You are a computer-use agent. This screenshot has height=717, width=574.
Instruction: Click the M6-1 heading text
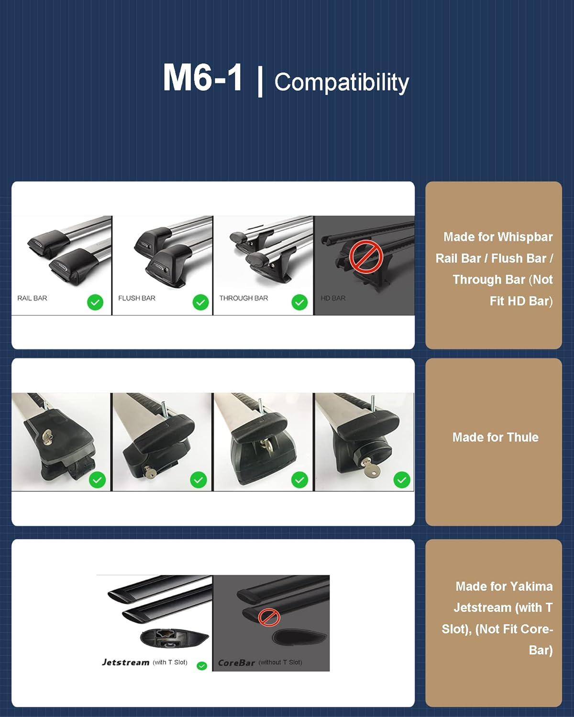coord(202,77)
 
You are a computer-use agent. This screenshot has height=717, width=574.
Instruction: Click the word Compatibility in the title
coord(342,82)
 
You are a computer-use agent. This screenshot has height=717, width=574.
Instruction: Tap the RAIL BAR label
coord(32,298)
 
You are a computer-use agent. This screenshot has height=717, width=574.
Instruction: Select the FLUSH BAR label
coord(137,298)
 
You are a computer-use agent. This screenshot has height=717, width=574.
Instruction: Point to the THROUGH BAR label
coord(243,298)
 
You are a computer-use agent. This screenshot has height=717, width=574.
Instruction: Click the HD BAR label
coord(333,298)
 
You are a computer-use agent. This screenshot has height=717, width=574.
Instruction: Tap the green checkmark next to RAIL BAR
coord(95,302)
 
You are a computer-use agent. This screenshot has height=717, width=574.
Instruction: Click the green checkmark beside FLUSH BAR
coord(200,302)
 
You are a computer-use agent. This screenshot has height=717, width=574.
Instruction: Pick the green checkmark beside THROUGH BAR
coord(299,302)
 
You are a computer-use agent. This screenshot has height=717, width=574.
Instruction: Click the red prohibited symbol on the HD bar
coord(366,257)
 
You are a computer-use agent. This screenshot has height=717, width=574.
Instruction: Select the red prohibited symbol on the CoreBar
coord(269,618)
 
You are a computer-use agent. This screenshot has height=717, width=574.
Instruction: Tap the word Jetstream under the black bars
coord(125,663)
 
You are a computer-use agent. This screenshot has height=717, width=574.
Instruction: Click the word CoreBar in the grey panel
coord(236,663)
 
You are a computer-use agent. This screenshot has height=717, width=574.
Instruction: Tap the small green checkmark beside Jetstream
coord(202,666)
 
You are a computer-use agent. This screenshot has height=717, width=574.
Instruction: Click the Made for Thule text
coord(495,437)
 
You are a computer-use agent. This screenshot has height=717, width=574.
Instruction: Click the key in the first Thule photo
coord(48,437)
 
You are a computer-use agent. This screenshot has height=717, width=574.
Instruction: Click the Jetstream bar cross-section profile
coord(175,638)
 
